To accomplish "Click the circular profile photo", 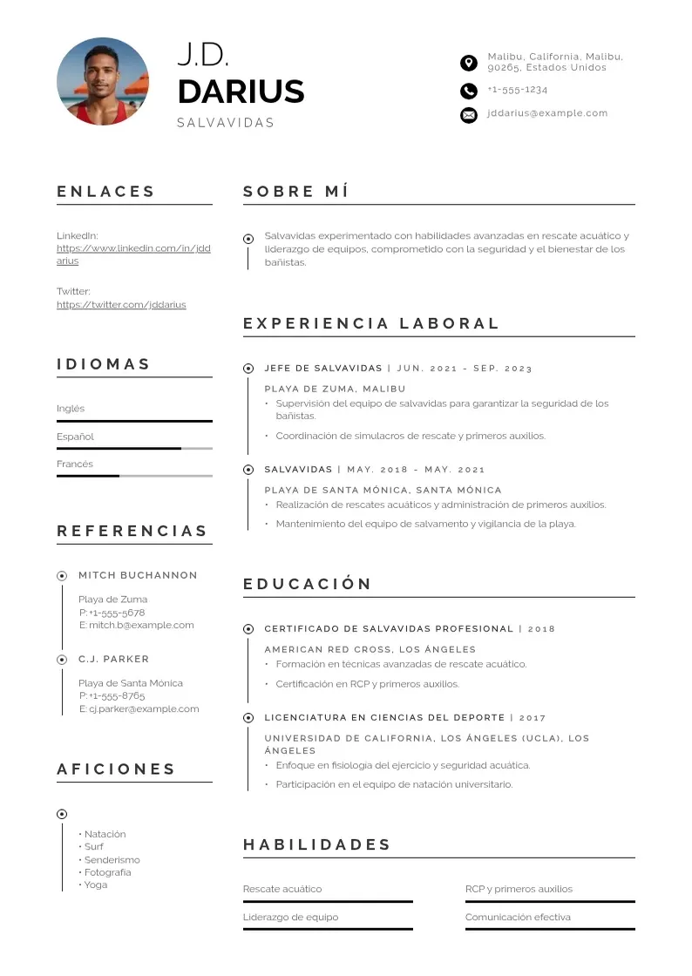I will (x=103, y=82).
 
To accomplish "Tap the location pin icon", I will (x=469, y=62).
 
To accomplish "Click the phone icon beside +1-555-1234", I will (x=469, y=91).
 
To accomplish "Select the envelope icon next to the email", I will (x=469, y=114).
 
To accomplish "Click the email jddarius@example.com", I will (x=547, y=113).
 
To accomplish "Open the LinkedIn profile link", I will (x=133, y=248).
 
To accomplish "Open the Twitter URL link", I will (x=121, y=305).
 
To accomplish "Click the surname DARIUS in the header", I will (x=241, y=91).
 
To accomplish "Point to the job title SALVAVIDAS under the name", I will (x=225, y=123).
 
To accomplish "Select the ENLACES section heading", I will (x=105, y=192).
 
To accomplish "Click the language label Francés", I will (x=75, y=464).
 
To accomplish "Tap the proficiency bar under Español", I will (x=134, y=449).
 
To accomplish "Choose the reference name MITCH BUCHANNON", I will (x=138, y=575).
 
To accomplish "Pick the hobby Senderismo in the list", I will (x=112, y=860).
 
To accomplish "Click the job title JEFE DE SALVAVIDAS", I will (x=323, y=369).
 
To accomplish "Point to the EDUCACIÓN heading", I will (x=307, y=584).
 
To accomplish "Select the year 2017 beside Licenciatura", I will (x=533, y=718).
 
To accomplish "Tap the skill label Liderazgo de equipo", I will (x=290, y=918).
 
